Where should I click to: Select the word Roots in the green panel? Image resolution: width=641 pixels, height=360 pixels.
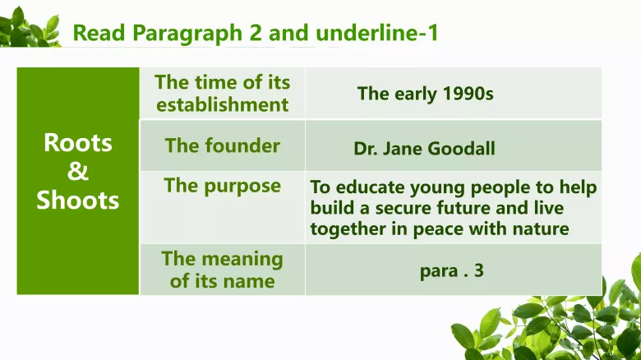click(x=78, y=143)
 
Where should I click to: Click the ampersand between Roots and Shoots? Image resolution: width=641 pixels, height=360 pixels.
click(x=78, y=172)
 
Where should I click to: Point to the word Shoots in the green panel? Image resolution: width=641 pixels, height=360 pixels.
click(x=78, y=201)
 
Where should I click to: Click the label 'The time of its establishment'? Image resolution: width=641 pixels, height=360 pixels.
click(x=223, y=94)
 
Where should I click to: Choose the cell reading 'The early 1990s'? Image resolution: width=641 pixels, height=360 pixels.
click(x=425, y=94)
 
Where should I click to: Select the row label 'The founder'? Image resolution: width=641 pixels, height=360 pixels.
click(x=223, y=146)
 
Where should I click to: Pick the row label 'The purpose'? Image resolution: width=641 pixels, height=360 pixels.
click(x=223, y=186)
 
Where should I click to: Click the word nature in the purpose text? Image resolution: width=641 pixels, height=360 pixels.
click(x=539, y=229)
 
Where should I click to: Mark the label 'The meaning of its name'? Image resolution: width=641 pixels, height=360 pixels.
click(x=223, y=270)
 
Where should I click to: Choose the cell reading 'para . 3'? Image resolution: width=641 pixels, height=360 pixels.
click(x=452, y=270)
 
